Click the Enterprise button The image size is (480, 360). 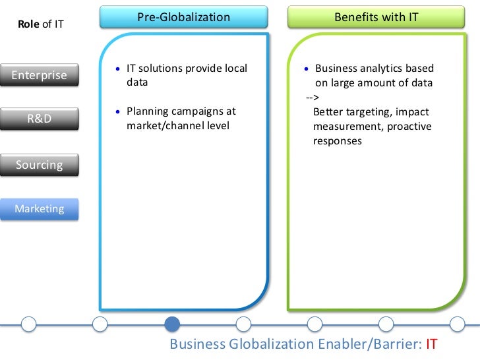tap(40, 75)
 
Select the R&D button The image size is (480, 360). tap(40, 119)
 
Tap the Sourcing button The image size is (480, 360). tap(40, 165)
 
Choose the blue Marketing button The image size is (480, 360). tap(40, 209)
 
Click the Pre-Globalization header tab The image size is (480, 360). tap(183, 17)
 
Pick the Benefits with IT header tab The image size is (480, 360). tap(376, 17)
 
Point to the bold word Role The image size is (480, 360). tap(28, 25)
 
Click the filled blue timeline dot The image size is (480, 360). tap(171, 324)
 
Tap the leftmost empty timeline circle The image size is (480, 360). tap(28, 324)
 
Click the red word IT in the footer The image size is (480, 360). tap(432, 344)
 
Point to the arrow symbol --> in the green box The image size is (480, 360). tap(312, 98)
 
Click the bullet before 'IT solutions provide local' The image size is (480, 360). tap(117, 69)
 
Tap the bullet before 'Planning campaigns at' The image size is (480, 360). tap(117, 112)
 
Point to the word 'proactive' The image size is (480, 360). tap(409, 126)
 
